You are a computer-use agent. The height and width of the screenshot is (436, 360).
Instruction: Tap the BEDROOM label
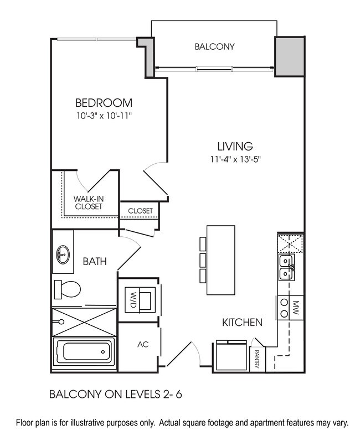(104, 103)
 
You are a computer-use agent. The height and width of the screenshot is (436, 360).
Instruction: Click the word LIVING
(235, 147)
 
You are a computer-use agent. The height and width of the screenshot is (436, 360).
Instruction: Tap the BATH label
(95, 261)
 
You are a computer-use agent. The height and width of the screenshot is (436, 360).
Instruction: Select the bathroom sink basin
(63, 256)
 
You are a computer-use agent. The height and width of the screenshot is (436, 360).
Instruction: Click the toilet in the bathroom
(68, 289)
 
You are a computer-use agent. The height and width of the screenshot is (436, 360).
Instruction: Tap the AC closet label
(142, 344)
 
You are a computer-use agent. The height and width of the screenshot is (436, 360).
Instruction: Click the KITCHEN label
(242, 322)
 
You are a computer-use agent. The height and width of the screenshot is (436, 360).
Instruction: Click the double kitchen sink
(287, 267)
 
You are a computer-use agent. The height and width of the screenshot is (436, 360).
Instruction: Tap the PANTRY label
(258, 360)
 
